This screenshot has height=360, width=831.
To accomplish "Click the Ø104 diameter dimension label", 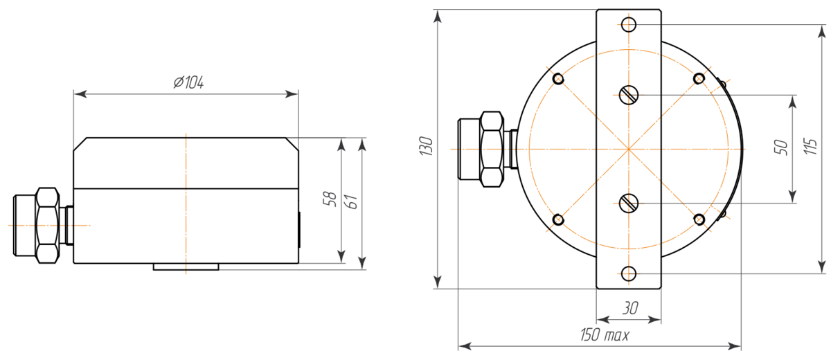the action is point(188,82).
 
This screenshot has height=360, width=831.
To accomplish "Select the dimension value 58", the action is point(330,199).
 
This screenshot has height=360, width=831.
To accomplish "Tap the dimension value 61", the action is point(351,201).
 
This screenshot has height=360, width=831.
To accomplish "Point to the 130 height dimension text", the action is point(426,146).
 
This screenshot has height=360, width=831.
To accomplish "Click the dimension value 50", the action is point(780,147).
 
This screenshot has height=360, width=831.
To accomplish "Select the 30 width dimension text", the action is point(630,308).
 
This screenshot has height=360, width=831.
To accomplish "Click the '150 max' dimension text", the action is point(605,335).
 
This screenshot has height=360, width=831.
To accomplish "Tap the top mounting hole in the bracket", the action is point(629,25).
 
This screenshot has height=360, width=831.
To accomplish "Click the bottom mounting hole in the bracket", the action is point(629,274).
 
